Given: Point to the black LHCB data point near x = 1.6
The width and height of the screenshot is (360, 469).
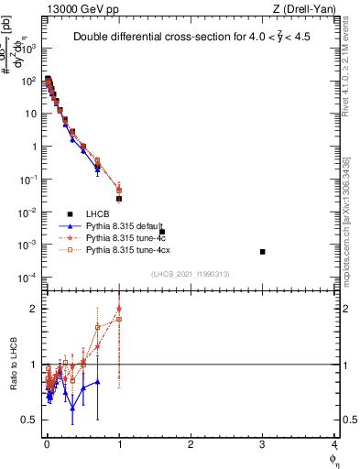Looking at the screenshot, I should (162, 232).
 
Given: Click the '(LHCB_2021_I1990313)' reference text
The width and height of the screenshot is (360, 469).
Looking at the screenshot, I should (190, 274).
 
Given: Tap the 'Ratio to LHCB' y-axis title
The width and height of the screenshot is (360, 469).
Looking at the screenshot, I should (12, 364).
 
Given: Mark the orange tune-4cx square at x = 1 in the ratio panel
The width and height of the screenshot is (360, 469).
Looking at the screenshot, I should (119, 319).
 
